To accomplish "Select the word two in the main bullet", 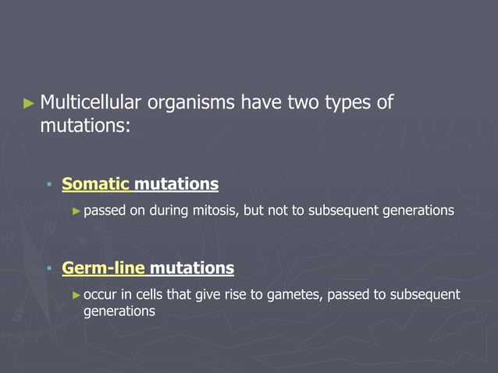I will [x=299, y=102].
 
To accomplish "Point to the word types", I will [x=347, y=102].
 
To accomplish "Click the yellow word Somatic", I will [x=95, y=184].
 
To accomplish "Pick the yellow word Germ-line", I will [x=103, y=268].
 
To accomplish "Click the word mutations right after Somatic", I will [x=176, y=184].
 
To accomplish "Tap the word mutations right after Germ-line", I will [x=191, y=268].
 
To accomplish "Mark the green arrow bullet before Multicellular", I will [x=30, y=102].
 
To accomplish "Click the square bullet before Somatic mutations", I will [x=49, y=185].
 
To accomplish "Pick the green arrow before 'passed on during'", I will [x=76, y=211].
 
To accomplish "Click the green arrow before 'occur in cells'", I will [x=76, y=294].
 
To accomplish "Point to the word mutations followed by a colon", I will [x=83, y=125].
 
